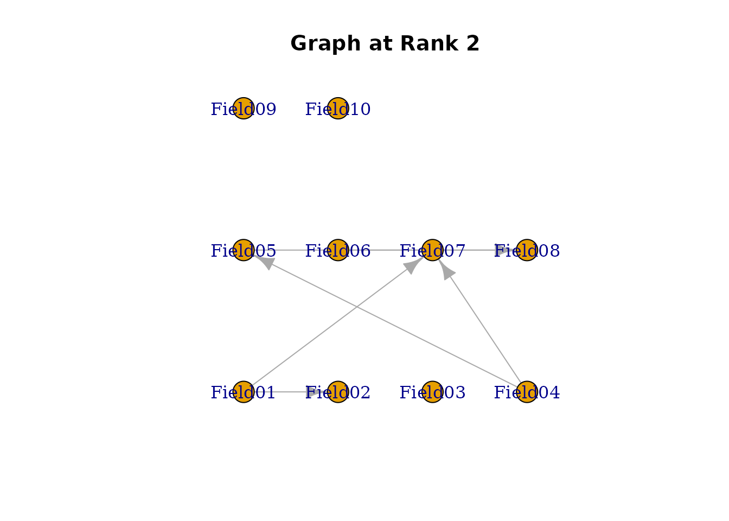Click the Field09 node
[x=244, y=109]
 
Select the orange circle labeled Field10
[x=338, y=109]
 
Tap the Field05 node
[x=244, y=250]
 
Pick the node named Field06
[x=338, y=250]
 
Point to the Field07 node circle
[x=432, y=250]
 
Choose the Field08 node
[x=527, y=250]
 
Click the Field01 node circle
[x=244, y=392]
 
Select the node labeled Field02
[x=338, y=392]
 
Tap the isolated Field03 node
[x=432, y=392]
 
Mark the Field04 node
[x=527, y=392]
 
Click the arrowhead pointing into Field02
[x=315, y=392]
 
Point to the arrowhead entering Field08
[x=502, y=250]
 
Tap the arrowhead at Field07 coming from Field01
[x=414, y=264]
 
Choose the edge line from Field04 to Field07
[x=485, y=328]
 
